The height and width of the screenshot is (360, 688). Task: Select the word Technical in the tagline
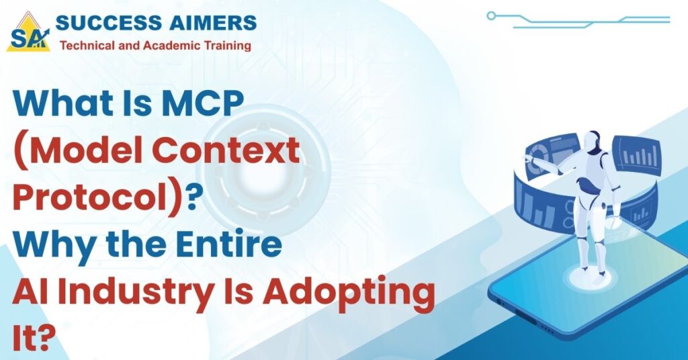pos(84,46)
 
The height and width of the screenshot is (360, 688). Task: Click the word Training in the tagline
pos(228,46)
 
